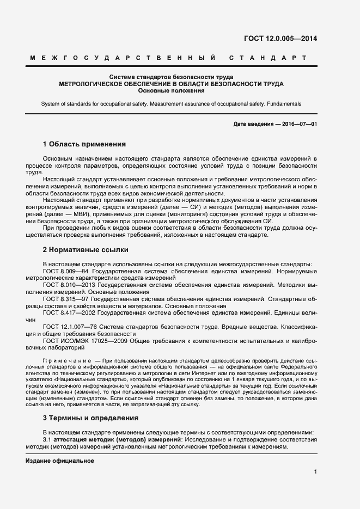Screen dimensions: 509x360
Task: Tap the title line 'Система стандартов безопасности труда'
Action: [172, 77]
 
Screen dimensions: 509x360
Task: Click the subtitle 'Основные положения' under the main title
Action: [172, 91]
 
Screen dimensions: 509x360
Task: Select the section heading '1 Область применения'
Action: [84, 144]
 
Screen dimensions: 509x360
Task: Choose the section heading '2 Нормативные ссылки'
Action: [86, 250]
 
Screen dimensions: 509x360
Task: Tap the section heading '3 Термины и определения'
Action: [89, 418]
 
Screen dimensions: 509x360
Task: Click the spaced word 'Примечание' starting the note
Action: [66, 361]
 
